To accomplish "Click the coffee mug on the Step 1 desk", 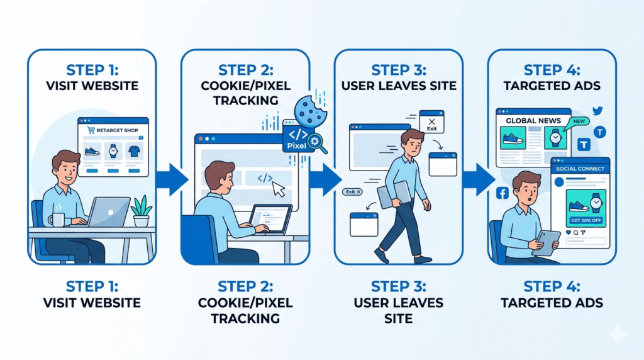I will (x=58, y=220).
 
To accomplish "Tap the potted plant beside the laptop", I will (x=142, y=211).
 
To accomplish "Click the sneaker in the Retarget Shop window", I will (x=93, y=152).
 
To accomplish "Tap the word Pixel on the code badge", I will (x=295, y=146).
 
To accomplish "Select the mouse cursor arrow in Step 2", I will (x=277, y=188).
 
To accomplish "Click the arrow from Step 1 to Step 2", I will (x=170, y=179).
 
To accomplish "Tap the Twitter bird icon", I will (x=597, y=111).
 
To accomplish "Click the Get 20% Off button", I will (x=586, y=220).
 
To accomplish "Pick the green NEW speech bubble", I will (x=579, y=121).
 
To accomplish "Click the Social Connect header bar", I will (x=580, y=169).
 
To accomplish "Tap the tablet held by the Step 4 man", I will (x=546, y=242).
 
